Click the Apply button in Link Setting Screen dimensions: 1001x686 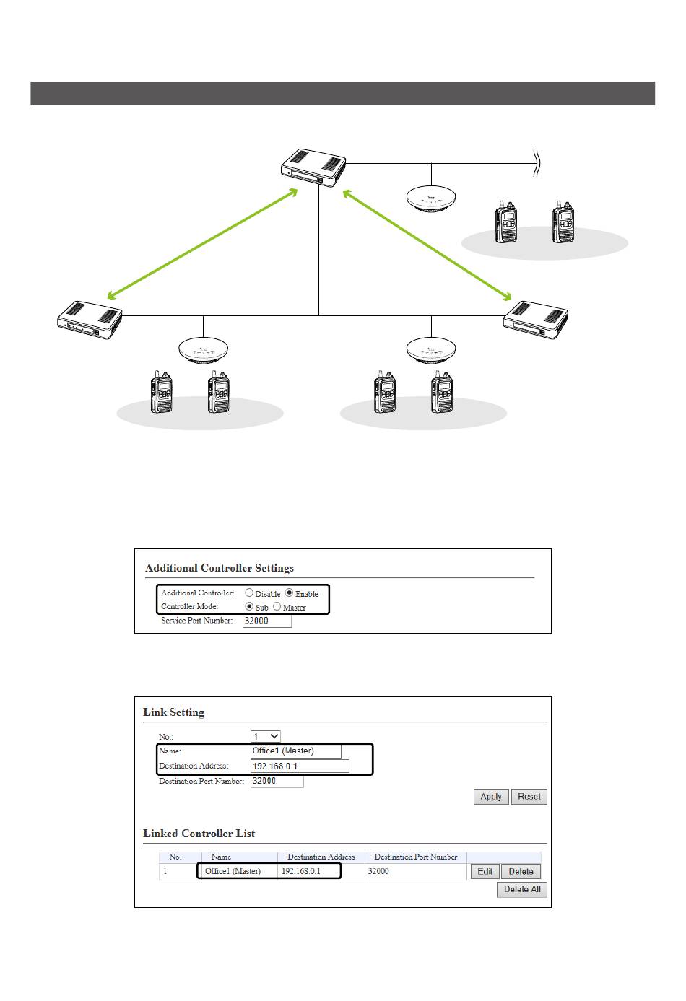[491, 797]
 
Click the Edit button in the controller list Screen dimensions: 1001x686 [485, 872]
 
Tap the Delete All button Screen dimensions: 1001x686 [521, 889]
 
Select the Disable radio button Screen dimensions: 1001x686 [249, 593]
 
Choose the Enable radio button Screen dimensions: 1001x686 [290, 593]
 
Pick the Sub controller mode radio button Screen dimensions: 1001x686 [250, 607]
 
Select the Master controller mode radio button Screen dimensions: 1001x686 [277, 607]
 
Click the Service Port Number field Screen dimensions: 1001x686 [266, 621]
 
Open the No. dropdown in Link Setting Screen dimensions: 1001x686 [265, 737]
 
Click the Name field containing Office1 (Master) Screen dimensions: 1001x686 [295, 751]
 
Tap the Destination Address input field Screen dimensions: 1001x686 [300, 766]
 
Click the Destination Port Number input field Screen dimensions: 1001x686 [277, 782]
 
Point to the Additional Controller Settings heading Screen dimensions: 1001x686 [220, 568]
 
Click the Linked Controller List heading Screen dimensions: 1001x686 [199, 834]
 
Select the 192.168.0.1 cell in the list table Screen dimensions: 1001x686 [301, 872]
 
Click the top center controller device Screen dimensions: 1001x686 [313, 167]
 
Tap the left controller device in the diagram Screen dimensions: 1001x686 [90, 320]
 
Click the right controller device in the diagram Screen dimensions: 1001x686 [535, 319]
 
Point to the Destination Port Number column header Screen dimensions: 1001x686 [416, 857]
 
